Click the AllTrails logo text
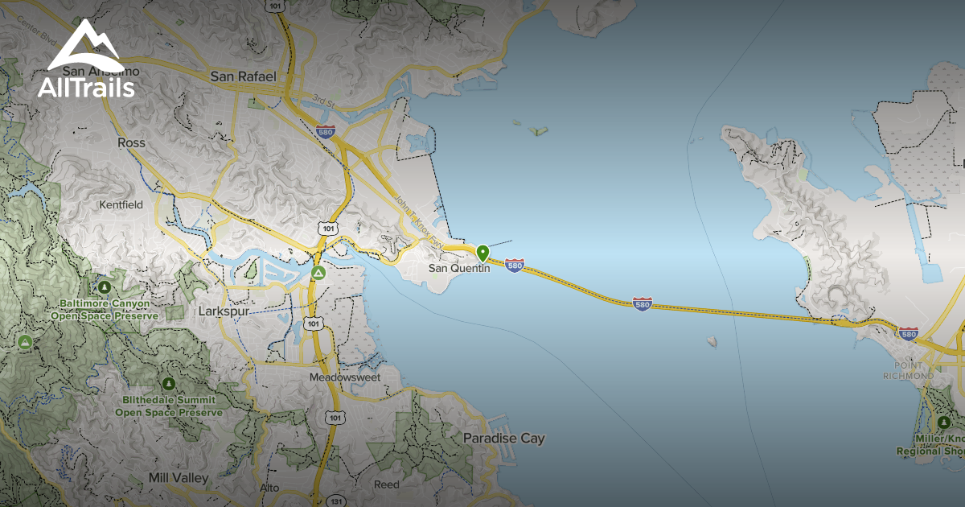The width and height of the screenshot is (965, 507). click(x=86, y=89)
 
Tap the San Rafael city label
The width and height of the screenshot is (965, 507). click(x=243, y=76)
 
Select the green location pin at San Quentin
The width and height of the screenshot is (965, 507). click(x=482, y=253)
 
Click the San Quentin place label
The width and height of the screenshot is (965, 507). click(x=458, y=268)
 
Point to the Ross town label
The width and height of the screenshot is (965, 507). click(x=131, y=142)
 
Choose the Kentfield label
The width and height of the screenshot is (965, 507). click(x=121, y=204)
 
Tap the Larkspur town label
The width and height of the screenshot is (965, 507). click(x=224, y=311)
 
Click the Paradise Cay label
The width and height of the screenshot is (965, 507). click(x=503, y=439)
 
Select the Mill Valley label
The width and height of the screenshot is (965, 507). click(x=179, y=477)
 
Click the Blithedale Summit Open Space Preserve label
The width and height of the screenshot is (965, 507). click(x=169, y=406)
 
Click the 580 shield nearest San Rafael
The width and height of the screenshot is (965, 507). click(x=325, y=131)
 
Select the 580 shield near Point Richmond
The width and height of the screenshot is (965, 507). click(x=908, y=333)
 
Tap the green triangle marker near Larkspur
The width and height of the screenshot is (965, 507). click(x=318, y=273)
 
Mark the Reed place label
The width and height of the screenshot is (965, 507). click(x=386, y=484)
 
